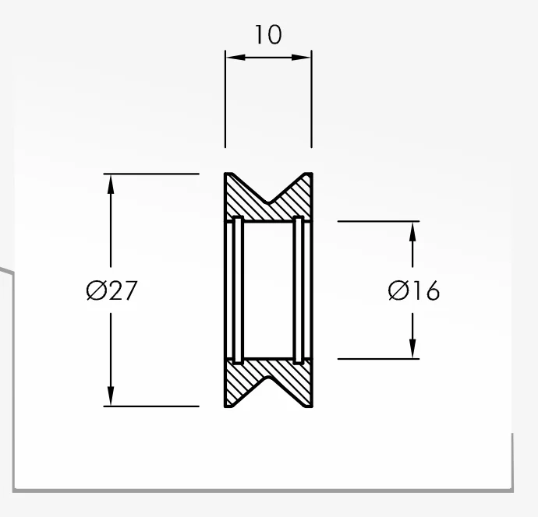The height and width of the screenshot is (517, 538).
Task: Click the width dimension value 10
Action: pyautogui.click(x=268, y=34)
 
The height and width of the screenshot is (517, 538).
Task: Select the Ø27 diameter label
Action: pyautogui.click(x=111, y=290)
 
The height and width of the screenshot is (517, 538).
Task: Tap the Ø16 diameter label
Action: pyautogui.click(x=414, y=290)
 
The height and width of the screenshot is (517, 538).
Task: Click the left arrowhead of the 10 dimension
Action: pyautogui.click(x=236, y=57)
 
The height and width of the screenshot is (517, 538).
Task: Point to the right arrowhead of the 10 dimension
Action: pyautogui.click(x=301, y=57)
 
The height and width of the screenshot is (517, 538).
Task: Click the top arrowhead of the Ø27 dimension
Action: pyautogui.click(x=111, y=185)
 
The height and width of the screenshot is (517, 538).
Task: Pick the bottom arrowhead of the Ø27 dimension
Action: pyautogui.click(x=111, y=396)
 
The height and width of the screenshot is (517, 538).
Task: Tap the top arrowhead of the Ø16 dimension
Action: pyautogui.click(x=412, y=232)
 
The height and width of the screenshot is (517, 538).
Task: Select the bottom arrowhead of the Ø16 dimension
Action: pyautogui.click(x=412, y=349)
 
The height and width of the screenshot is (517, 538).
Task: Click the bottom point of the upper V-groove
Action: pyautogui.click(x=269, y=202)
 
